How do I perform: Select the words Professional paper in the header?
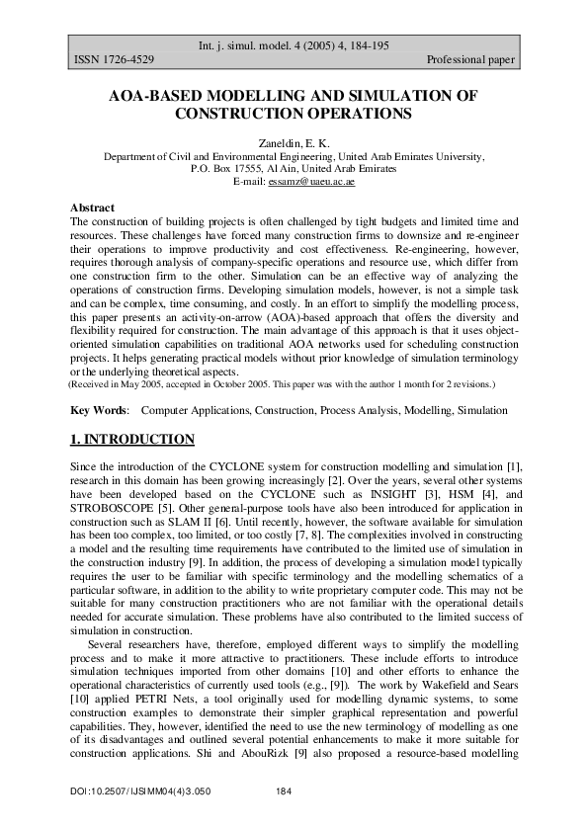tap(470, 60)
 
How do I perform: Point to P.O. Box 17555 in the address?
tap(230, 169)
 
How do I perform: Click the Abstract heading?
tap(92, 208)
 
